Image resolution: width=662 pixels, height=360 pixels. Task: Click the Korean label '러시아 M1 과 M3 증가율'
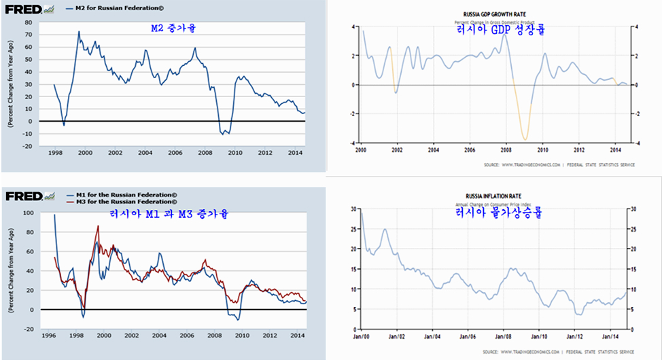[169, 214]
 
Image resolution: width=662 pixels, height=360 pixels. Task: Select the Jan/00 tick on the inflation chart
[360, 336]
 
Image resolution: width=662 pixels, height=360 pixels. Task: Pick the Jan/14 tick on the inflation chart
[611, 336]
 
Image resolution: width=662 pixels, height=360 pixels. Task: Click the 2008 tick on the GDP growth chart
[506, 149]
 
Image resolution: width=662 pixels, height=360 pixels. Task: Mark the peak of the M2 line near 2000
[79, 31]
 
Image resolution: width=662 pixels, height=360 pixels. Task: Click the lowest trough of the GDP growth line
[525, 139]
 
